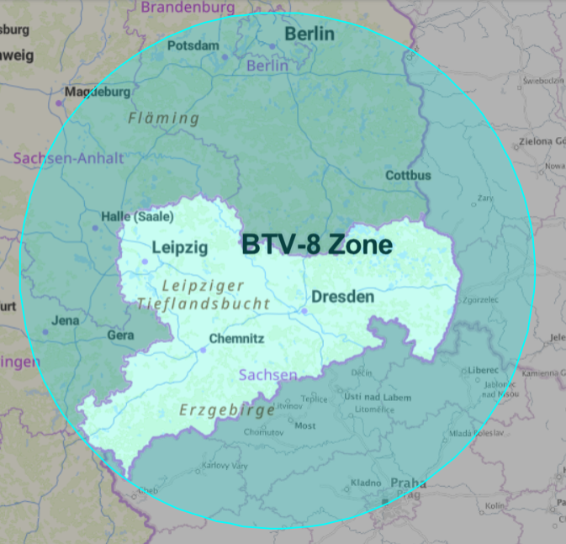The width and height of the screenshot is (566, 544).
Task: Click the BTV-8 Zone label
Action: pos(317,245)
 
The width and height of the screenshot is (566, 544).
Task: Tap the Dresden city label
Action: pos(342,297)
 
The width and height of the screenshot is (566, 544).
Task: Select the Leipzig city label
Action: pos(179,247)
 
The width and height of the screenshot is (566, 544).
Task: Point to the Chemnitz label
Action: pos(236,339)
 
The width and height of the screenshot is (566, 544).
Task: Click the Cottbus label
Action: pos(408,176)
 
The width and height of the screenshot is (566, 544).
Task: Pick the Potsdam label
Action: pos(193,45)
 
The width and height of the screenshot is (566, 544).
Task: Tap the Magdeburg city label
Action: pos(98,92)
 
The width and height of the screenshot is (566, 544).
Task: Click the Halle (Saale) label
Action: pos(137,216)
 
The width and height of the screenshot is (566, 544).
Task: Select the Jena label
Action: pos(66,320)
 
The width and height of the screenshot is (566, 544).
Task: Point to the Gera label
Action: pos(120,335)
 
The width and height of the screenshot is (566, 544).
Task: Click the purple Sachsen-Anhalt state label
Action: pos(68,158)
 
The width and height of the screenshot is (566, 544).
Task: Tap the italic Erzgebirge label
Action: pos(227,410)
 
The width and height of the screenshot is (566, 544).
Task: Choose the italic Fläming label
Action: pos(164,119)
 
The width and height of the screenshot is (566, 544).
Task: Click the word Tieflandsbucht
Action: pos(204,304)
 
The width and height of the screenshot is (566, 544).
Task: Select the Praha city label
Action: pos(407,483)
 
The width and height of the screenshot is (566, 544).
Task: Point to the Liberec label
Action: pos(482,370)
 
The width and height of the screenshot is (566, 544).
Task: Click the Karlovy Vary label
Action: pos(222,465)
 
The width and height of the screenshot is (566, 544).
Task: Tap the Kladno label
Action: pos(366,483)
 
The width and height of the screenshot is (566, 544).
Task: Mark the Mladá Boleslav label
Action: pos(475,432)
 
